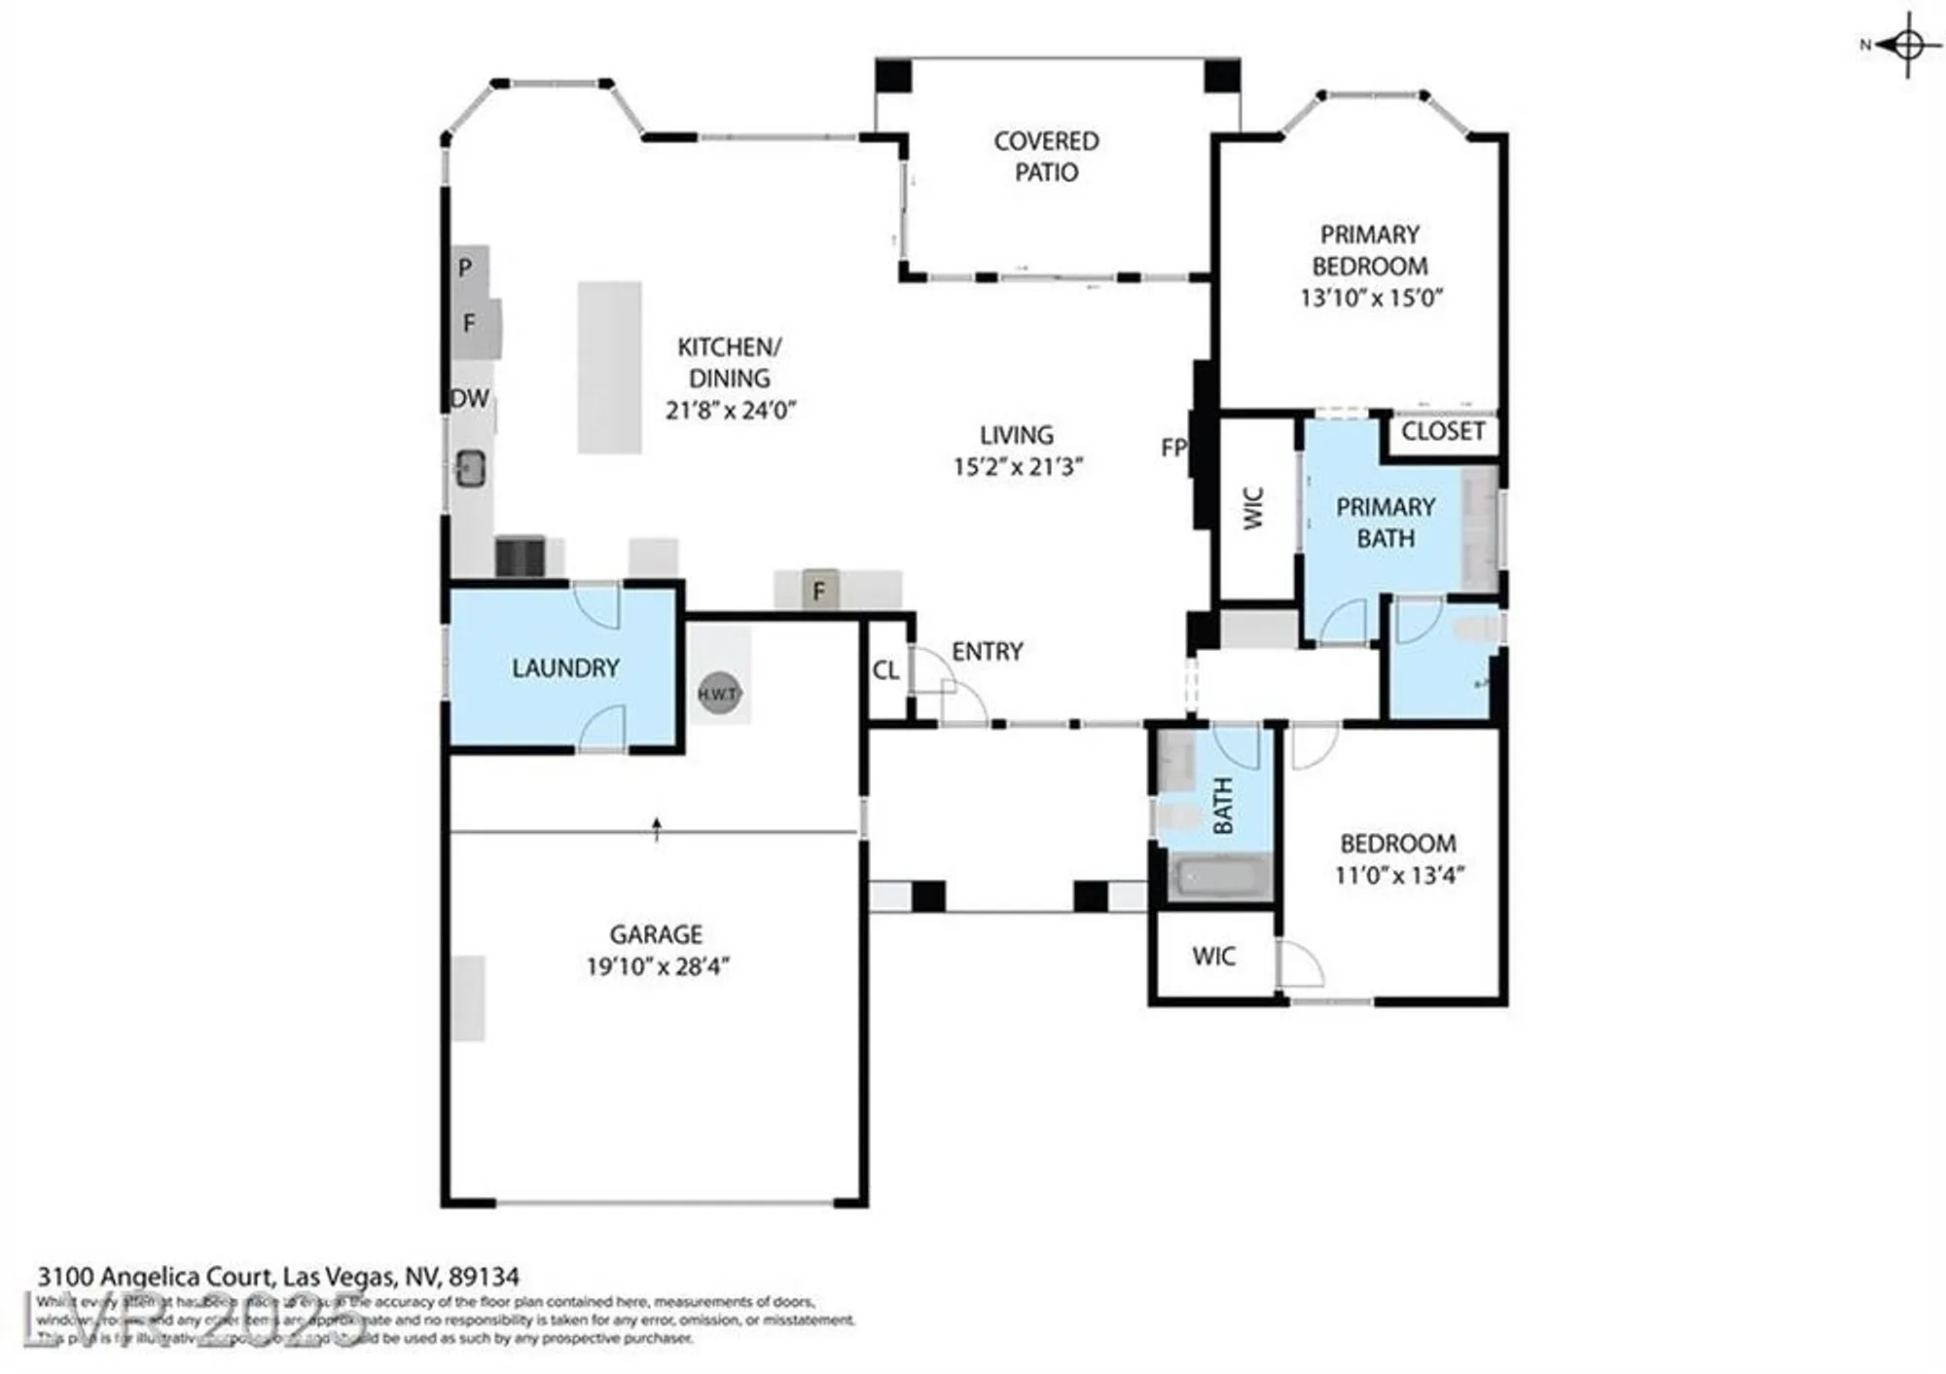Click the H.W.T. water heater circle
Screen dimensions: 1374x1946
[719, 694]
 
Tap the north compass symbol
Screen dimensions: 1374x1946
[1906, 45]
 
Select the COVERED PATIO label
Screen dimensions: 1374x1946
[1046, 157]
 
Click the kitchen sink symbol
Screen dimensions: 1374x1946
[471, 469]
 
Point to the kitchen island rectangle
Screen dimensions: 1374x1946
[609, 368]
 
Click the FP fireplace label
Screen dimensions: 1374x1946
[1173, 448]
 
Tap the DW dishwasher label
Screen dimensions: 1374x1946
[470, 398]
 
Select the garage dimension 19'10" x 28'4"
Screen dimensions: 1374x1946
[657, 966]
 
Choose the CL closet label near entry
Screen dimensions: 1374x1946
[885, 670]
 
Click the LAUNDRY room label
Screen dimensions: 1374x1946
[565, 669]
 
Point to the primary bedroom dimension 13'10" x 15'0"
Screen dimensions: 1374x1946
[1370, 298]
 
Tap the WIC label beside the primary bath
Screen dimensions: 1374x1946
[1254, 508]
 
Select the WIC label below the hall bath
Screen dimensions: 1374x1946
[1213, 957]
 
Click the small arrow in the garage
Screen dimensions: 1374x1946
[657, 828]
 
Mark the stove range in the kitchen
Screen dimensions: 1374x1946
[520, 557]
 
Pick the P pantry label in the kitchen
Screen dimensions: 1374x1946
[465, 268]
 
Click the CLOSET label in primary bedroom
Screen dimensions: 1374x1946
[1442, 431]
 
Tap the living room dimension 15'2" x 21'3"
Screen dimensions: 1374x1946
[1017, 467]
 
